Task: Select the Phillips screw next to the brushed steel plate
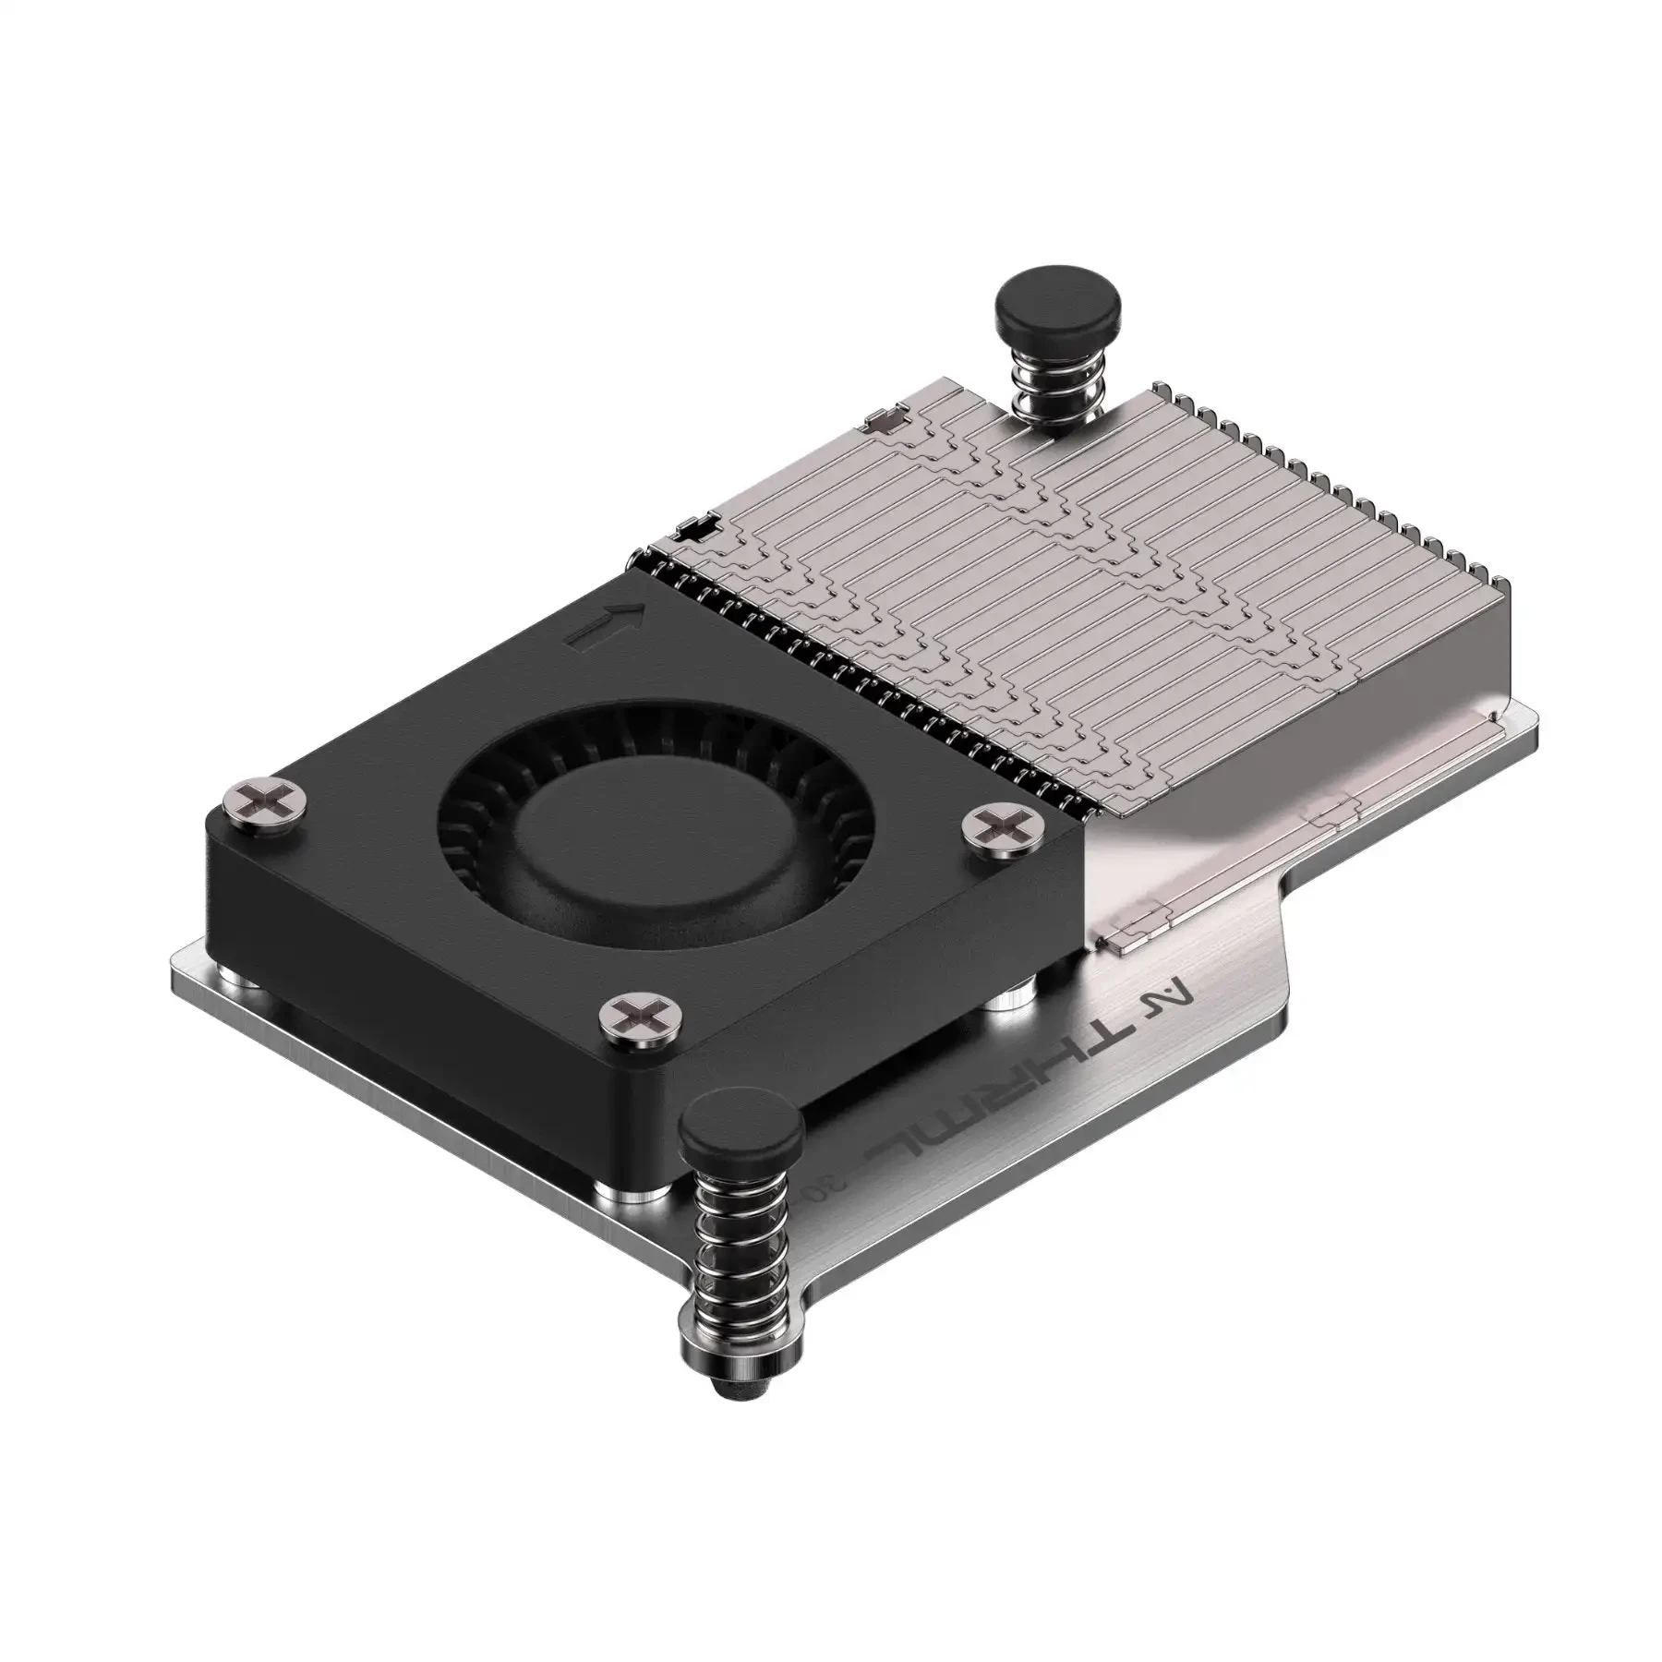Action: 1005,819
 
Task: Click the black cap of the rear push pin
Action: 1057,312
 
